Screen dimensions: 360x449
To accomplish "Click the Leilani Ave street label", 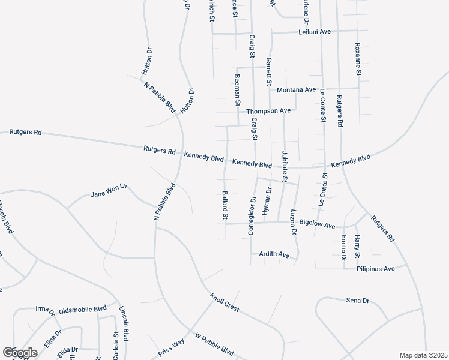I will pyautogui.click(x=315, y=31).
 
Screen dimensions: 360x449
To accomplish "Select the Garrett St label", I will pyautogui.click(x=270, y=71).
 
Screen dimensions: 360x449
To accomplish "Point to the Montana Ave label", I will pyautogui.click(x=296, y=90).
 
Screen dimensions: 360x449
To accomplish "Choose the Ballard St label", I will pyautogui.click(x=225, y=205).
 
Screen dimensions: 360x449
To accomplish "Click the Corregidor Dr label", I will pyautogui.click(x=252, y=215).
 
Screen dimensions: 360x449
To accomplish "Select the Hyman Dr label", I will pyautogui.click(x=268, y=202).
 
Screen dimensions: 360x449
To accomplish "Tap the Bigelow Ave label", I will pyautogui.click(x=317, y=225).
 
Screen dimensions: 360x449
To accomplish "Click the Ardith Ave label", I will pyautogui.click(x=274, y=254).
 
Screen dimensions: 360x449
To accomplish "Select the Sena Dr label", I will pyautogui.click(x=356, y=299).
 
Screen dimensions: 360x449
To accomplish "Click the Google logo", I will pyautogui.click(x=20, y=353).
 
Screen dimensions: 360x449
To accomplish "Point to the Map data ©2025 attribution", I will pyautogui.click(x=423, y=355).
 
